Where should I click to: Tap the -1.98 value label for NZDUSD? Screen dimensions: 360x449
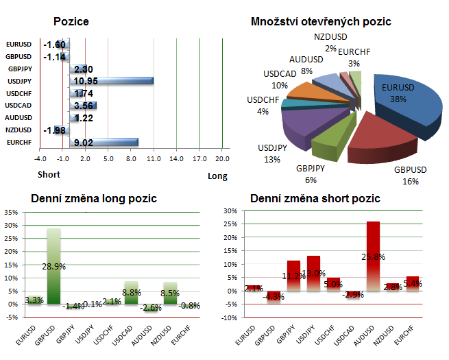click(x=54, y=130)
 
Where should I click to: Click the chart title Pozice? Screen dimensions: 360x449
click(x=71, y=22)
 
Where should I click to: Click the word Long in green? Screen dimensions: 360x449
click(x=217, y=176)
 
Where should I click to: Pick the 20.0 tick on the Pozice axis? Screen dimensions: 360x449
click(x=222, y=159)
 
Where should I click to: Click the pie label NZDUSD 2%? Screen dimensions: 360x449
click(x=330, y=43)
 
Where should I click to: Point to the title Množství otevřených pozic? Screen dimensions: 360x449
click(x=321, y=22)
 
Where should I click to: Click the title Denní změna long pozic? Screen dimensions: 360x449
click(x=94, y=199)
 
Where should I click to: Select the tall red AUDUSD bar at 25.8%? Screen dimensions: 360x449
click(x=373, y=254)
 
